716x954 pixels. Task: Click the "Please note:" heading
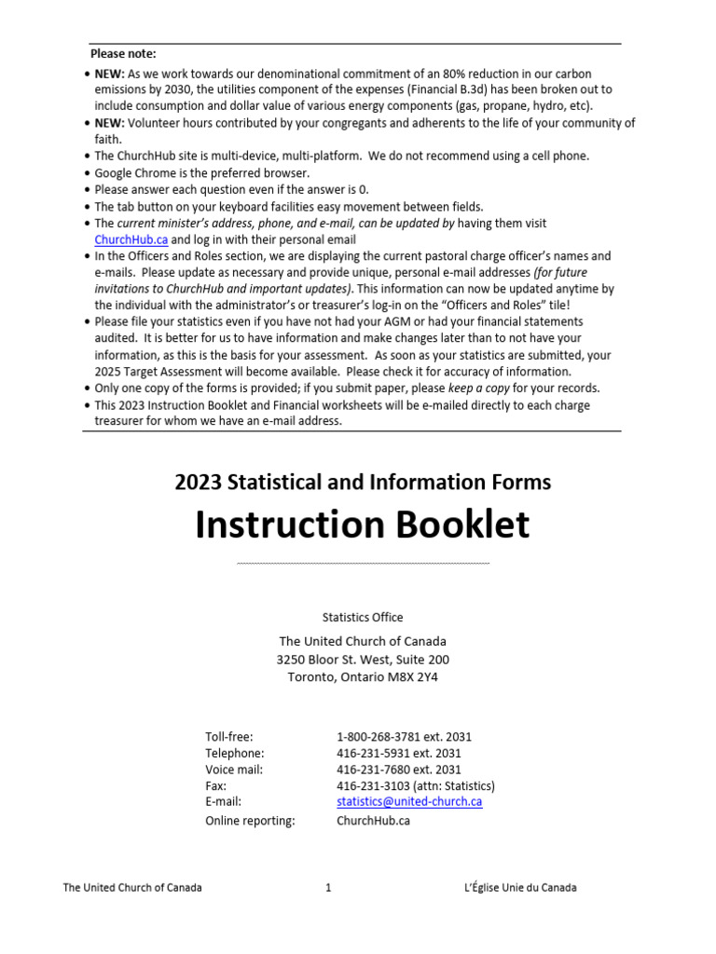click(x=123, y=53)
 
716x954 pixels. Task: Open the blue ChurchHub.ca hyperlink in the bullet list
click(x=131, y=239)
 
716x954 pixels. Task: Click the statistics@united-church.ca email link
click(x=409, y=801)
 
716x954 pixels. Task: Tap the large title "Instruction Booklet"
click(x=362, y=525)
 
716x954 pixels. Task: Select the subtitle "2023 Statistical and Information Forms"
click(x=363, y=482)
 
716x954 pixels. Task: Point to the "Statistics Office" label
click(x=363, y=617)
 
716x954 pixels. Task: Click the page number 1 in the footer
click(x=328, y=888)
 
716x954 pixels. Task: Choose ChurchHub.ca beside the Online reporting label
click(x=373, y=821)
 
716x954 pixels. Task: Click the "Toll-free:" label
click(x=229, y=736)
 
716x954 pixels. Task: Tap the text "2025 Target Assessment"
click(x=154, y=371)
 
